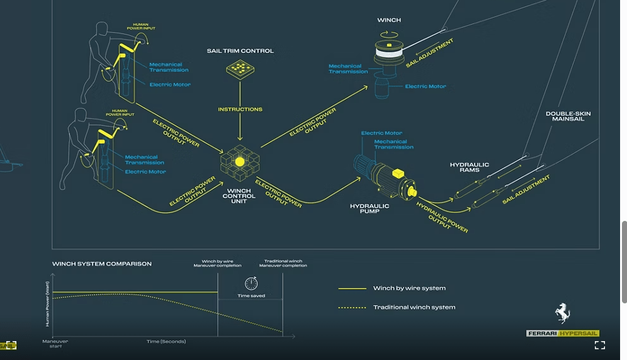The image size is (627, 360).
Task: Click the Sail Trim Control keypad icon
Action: [240, 69]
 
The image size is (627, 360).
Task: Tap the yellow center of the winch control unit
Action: [239, 162]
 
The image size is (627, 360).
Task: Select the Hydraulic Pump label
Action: [370, 208]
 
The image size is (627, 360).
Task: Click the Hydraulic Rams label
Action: [470, 167]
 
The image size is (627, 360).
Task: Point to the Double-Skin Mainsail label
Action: [568, 116]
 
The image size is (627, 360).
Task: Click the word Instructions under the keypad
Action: [240, 110]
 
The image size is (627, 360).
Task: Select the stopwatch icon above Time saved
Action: [251, 283]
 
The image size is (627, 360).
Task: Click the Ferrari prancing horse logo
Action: [563, 313]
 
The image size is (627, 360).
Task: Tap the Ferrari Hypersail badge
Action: [562, 333]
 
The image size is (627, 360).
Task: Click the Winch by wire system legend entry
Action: [392, 288]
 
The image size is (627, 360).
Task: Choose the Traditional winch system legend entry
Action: [397, 307]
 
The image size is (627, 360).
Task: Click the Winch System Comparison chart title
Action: [102, 264]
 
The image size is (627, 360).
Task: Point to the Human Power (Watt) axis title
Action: [48, 303]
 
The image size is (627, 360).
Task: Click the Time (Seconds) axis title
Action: [166, 341]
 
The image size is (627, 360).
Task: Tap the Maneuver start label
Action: [55, 344]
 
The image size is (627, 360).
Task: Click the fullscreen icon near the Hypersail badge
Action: [599, 345]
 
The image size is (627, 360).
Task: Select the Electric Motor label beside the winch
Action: [426, 86]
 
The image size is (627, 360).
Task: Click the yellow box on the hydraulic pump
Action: [398, 173]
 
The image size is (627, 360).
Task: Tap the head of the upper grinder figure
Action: [102, 29]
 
